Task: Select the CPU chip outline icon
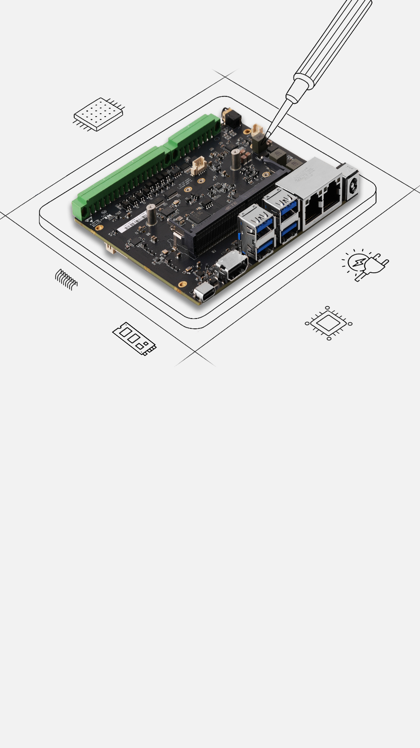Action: point(329,323)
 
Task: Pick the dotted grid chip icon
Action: point(98,114)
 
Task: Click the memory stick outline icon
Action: point(134,338)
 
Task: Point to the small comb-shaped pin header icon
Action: point(66,279)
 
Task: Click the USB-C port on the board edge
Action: point(203,293)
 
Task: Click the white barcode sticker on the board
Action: point(132,223)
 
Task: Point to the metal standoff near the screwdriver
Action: point(236,159)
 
